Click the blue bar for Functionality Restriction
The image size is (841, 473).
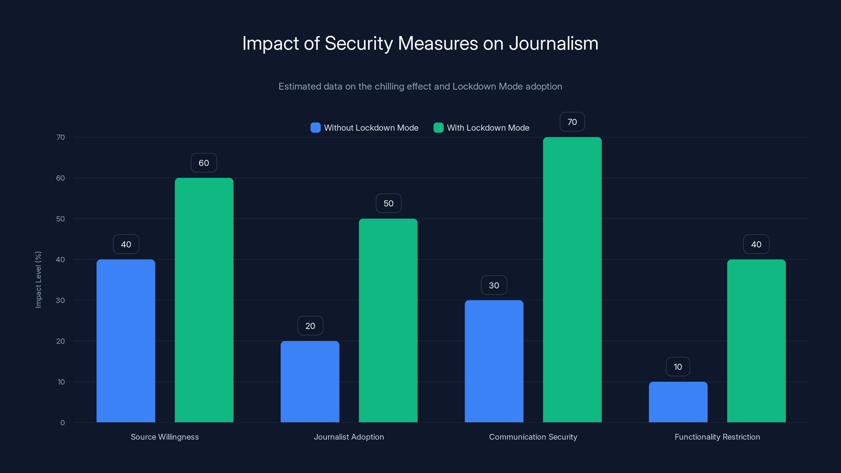(x=678, y=402)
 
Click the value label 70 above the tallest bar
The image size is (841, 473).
(x=572, y=122)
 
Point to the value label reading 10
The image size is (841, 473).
(x=678, y=367)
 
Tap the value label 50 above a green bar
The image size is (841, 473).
(x=388, y=203)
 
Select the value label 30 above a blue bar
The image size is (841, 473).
(x=494, y=285)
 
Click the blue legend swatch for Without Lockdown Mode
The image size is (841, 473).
(x=315, y=128)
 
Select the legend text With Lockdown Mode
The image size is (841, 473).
(x=488, y=128)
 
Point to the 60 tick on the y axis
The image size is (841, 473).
(x=60, y=178)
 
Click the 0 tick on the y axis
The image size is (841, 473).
(x=62, y=423)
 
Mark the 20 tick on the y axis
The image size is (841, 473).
(x=60, y=341)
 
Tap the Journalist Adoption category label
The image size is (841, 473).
(x=349, y=437)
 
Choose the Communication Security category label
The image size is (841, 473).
(x=533, y=437)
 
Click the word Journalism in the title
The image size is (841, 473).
(x=553, y=43)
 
